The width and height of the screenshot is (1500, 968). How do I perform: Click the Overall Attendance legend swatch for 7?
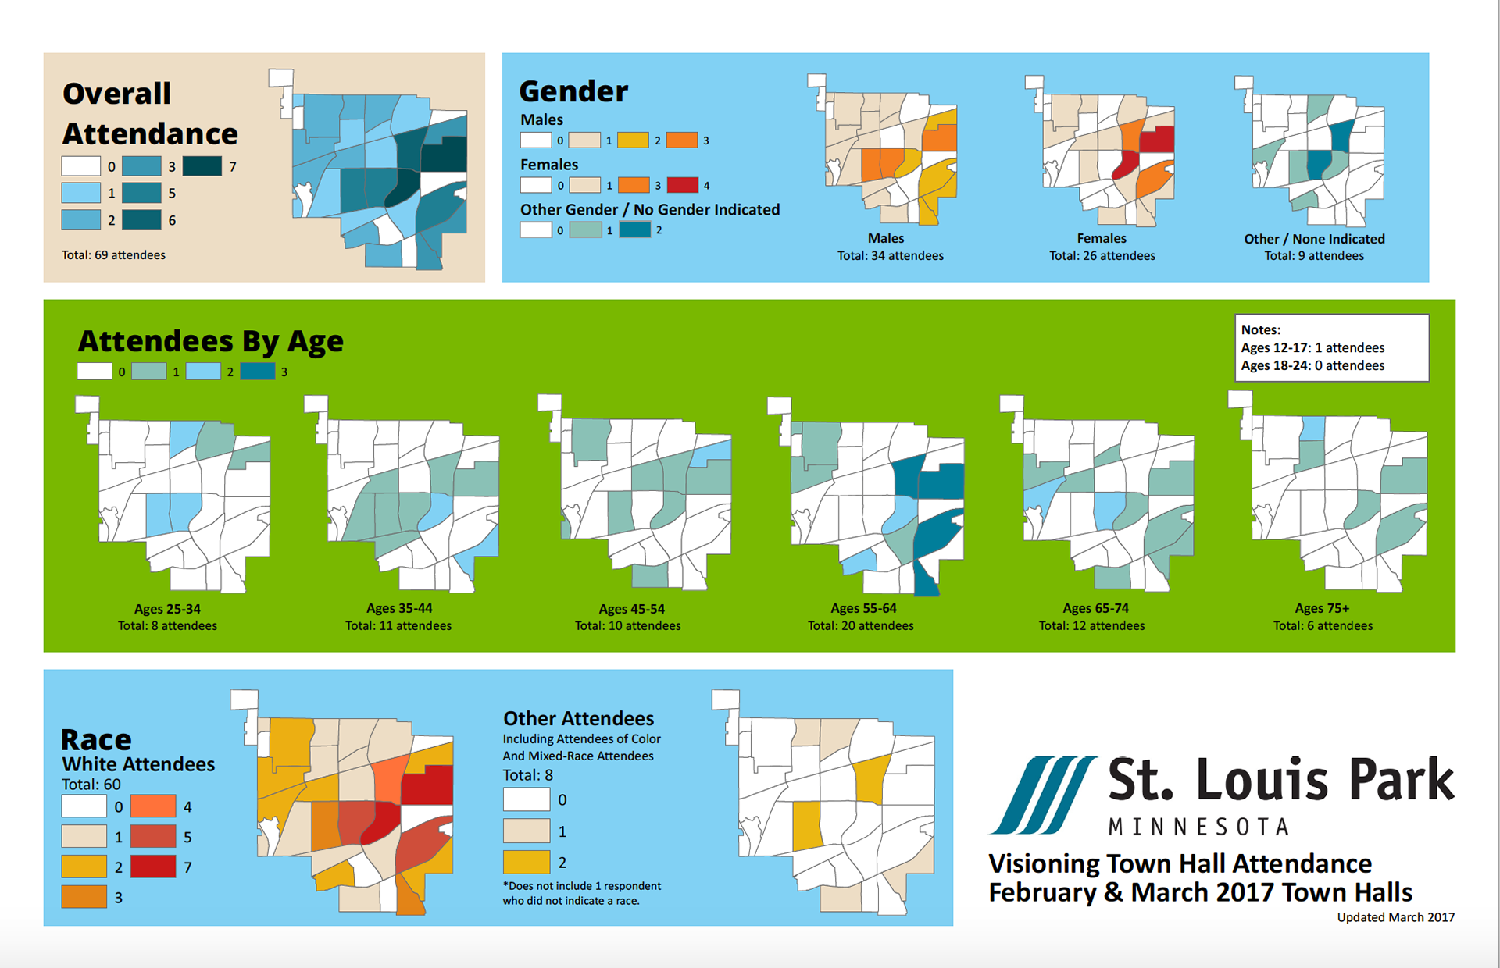pos(202,166)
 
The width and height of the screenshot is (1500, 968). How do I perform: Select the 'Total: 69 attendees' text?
pos(113,255)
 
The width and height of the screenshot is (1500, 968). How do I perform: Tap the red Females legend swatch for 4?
pos(682,185)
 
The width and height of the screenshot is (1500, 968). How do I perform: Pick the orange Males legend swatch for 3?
pos(682,141)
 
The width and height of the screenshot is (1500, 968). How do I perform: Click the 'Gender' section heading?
pos(573,91)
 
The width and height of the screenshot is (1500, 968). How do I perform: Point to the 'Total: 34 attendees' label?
pos(891,256)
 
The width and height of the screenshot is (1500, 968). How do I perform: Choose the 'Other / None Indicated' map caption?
pos(1314,239)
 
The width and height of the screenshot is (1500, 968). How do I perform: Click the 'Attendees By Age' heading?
pos(211,342)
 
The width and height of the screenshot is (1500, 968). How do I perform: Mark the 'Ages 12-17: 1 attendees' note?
pos(1312,347)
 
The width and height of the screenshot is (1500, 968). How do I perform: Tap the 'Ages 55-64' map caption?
pos(863,608)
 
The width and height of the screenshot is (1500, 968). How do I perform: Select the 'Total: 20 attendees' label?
pos(860,626)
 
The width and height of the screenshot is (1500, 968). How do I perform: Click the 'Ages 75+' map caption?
pos(1322,608)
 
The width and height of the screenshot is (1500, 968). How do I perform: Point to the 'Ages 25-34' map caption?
pos(167,609)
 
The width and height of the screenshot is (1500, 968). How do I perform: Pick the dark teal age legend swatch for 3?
pos(258,372)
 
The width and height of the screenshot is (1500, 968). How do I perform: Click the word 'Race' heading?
pos(96,739)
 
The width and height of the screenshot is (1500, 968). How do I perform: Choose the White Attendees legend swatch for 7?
pos(153,867)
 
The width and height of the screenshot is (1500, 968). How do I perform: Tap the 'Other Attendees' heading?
pos(578,718)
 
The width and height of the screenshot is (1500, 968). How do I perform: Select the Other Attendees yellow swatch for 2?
pos(527,862)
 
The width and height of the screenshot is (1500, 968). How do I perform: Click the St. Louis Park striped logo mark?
pos(1042,795)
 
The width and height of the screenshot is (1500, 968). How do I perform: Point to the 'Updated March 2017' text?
pos(1395,917)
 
